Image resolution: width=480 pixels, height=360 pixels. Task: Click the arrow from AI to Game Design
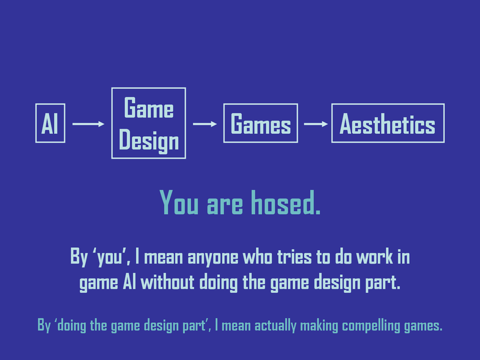click(88, 124)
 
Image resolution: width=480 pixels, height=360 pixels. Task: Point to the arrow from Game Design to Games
click(205, 124)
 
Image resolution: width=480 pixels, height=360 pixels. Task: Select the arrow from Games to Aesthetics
click(316, 124)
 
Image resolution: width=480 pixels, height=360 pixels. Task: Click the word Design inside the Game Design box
click(149, 141)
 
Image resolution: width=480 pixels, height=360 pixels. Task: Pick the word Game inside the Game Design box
click(149, 107)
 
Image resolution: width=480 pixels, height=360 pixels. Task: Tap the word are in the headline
click(225, 206)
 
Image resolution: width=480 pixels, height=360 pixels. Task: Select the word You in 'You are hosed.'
click(179, 203)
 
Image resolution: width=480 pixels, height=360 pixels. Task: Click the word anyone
click(213, 258)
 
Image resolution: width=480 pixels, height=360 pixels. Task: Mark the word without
click(167, 282)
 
